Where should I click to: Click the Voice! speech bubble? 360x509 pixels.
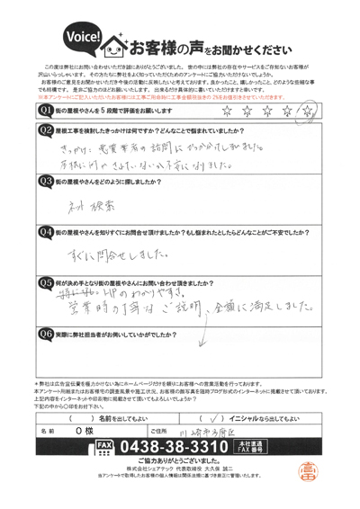[x=78, y=36]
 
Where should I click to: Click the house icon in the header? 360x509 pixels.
[x=116, y=41]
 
